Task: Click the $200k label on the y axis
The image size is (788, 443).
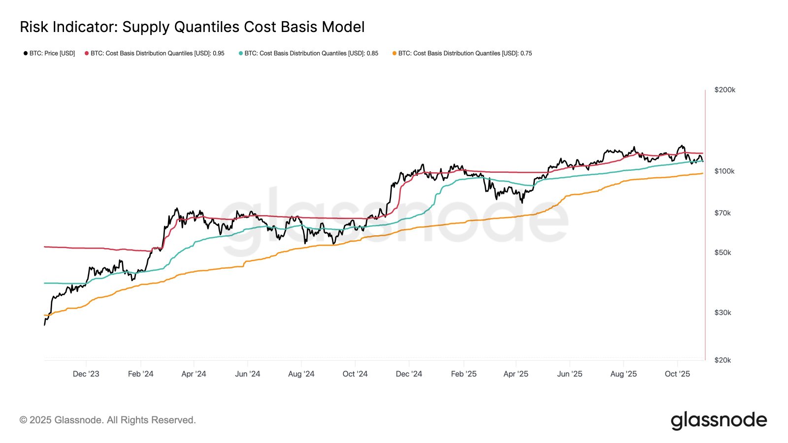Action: pos(724,90)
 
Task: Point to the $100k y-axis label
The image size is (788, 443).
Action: pos(724,171)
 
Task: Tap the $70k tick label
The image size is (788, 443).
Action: pos(722,213)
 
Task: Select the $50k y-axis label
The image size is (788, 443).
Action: pos(722,253)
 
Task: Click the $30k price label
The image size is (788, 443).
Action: pos(722,313)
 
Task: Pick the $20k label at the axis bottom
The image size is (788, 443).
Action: pos(722,360)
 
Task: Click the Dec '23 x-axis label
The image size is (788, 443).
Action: pos(86,374)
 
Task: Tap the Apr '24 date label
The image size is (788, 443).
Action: pos(194,374)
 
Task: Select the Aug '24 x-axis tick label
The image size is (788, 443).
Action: pos(301,374)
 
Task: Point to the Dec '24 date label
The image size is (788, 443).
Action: pos(409,374)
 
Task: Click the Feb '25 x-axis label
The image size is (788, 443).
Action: pos(463,374)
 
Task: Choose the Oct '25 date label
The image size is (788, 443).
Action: pos(677,374)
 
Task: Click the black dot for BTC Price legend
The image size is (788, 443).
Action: pos(26,53)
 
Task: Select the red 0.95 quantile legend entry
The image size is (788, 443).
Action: pos(155,53)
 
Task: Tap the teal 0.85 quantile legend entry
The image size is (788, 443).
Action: pos(309,53)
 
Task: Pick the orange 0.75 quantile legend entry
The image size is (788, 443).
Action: pos(462,53)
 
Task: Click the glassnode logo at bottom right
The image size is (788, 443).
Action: pos(719,420)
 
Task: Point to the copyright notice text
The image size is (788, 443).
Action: pos(107,420)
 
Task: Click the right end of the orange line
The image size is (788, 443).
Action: pos(702,173)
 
